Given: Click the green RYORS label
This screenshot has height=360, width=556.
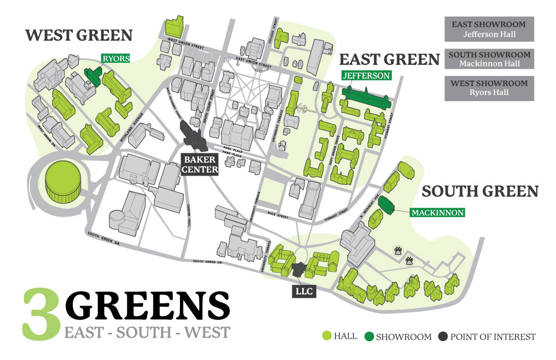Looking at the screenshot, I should tap(115, 58).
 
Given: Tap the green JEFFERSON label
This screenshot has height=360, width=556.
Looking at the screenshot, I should tap(367, 75).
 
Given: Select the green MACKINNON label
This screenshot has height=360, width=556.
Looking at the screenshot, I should tap(437, 212).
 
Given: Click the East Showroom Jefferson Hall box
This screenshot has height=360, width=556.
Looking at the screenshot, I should tap(489, 29).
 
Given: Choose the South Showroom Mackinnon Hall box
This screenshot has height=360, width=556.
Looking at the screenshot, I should tap(489, 59).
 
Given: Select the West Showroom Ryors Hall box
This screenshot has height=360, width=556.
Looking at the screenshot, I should tap(489, 88).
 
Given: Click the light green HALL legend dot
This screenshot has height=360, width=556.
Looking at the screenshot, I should tap(327, 336).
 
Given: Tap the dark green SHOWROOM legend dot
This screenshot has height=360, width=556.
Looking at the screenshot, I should tap(368, 336).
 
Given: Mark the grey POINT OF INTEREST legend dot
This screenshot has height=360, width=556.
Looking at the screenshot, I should tap(442, 336).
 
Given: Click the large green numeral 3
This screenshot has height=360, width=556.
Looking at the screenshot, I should tap(42, 314).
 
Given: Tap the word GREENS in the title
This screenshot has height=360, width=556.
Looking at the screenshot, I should tap(148, 306).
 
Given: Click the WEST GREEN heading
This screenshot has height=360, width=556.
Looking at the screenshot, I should tap(79, 36).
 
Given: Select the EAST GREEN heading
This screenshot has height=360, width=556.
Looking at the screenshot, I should tap(389, 59).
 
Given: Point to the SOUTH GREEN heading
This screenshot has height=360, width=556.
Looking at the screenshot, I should tap(480, 192).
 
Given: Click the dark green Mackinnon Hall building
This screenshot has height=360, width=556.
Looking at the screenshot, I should tap(387, 203).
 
